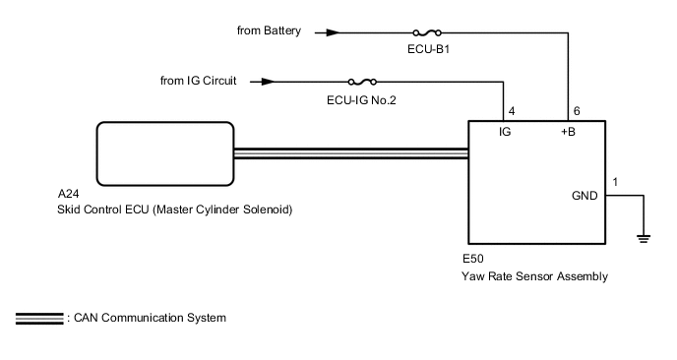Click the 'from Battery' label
click(x=270, y=31)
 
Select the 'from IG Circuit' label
click(x=205, y=80)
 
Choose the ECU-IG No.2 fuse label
click(x=363, y=98)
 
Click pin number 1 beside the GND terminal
click(x=615, y=182)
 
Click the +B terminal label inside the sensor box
click(x=567, y=131)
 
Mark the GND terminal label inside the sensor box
click(x=585, y=196)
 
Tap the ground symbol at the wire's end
click(x=643, y=236)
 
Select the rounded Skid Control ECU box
click(x=164, y=150)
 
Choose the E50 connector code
click(x=472, y=260)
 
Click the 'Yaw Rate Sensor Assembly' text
click(x=534, y=276)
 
